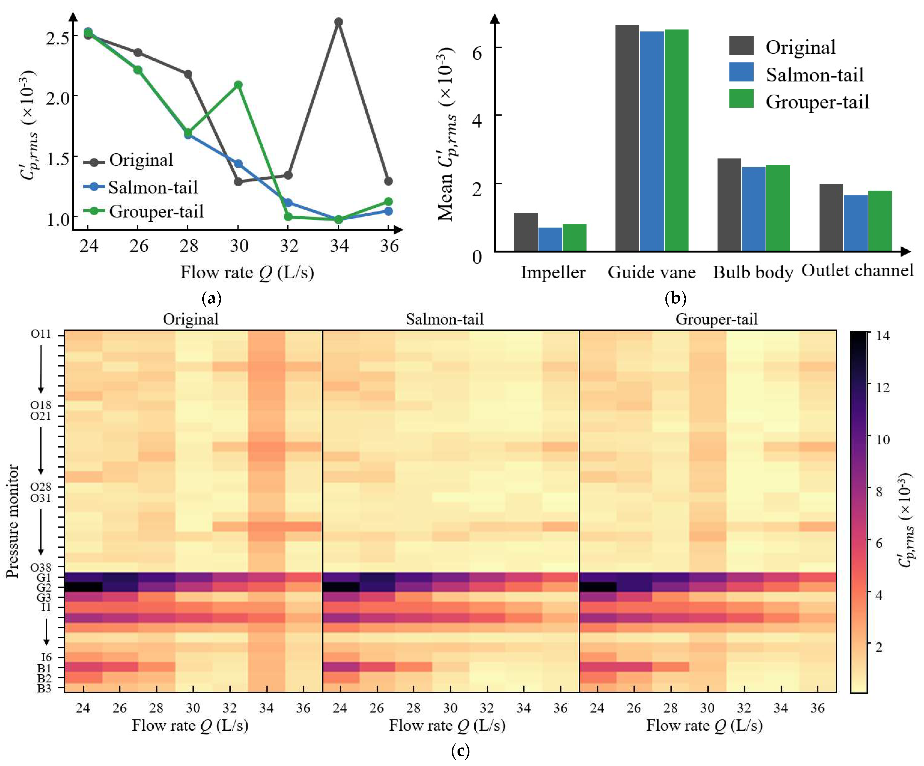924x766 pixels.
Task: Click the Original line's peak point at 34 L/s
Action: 338,22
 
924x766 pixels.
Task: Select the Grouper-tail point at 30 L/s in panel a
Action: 238,85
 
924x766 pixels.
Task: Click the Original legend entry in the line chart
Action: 129,161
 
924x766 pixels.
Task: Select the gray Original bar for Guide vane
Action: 627,138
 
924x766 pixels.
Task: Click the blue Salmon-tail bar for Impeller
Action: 550,239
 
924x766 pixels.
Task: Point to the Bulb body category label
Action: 753,272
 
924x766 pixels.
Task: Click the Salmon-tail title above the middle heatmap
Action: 444,319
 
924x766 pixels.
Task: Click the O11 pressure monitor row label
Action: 41,334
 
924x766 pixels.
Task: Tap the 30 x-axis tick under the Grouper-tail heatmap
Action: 707,708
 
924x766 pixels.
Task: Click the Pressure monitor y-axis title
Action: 13,521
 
